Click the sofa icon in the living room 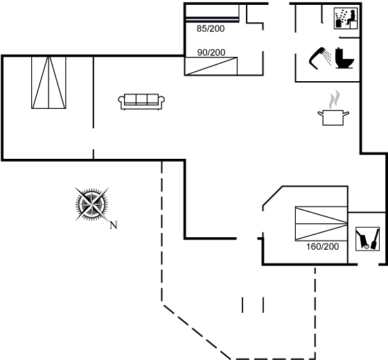click(141, 101)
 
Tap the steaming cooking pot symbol click(333, 108)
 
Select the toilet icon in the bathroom click(344, 58)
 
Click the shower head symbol click(317, 58)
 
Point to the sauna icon click(346, 18)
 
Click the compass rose click(91, 205)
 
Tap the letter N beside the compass click(114, 225)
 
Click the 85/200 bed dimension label click(211, 28)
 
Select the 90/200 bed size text click(211, 53)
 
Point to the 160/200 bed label click(323, 247)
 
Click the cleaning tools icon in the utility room click(367, 239)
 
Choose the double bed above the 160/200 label click(321, 223)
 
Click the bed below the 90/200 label click(211, 66)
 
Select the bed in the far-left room click(48, 83)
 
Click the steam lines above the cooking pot click(334, 100)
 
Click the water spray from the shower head click(328, 58)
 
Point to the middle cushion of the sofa click(141, 99)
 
